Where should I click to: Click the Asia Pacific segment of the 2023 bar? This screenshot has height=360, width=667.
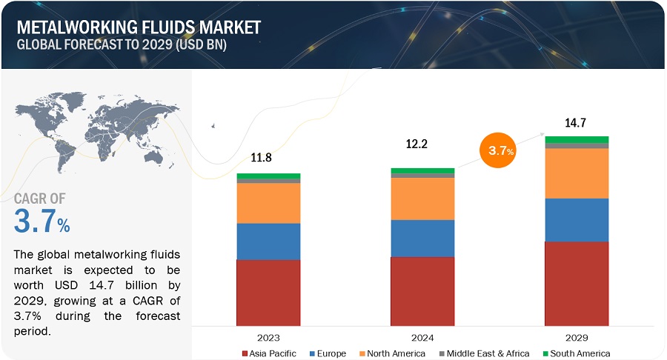point(268,293)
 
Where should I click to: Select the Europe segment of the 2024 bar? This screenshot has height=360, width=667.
point(422,238)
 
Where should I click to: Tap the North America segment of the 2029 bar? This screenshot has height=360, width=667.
point(577,173)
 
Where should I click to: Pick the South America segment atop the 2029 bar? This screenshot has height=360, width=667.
point(577,139)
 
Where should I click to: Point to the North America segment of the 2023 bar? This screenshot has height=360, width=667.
point(268,203)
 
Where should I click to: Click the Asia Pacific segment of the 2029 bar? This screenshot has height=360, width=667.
point(577,284)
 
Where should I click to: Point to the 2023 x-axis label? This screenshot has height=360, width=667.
point(268,336)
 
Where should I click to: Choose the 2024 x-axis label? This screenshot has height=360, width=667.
point(422,336)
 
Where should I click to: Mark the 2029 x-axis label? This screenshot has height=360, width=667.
point(577,336)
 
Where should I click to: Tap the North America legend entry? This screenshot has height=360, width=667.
point(393,353)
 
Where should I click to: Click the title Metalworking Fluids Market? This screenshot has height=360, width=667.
point(138,27)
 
